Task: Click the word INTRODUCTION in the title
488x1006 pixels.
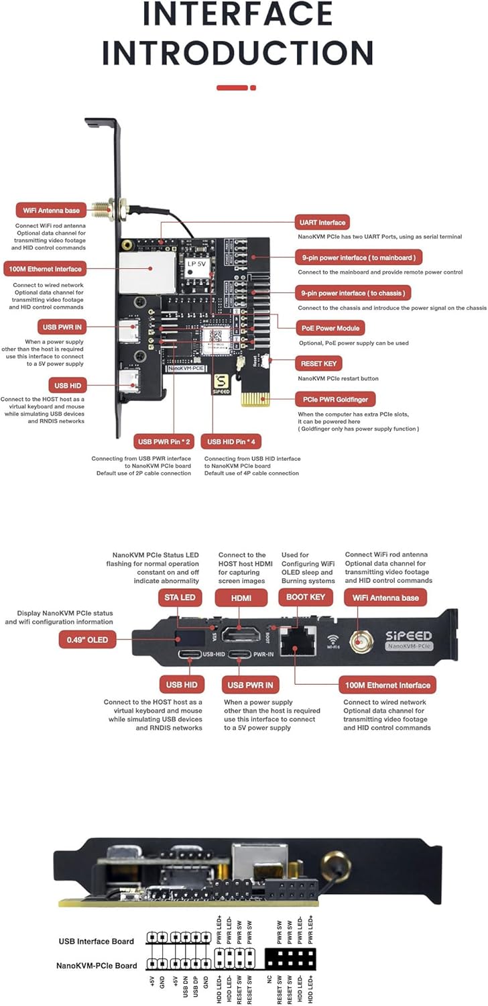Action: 237,53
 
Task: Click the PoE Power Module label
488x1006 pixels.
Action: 330,328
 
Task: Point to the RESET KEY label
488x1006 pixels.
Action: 318,364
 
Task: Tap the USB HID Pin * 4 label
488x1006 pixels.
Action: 233,442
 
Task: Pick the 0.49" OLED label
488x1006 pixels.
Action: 86,639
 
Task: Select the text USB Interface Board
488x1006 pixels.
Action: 96,941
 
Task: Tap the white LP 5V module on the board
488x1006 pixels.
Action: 197,264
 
